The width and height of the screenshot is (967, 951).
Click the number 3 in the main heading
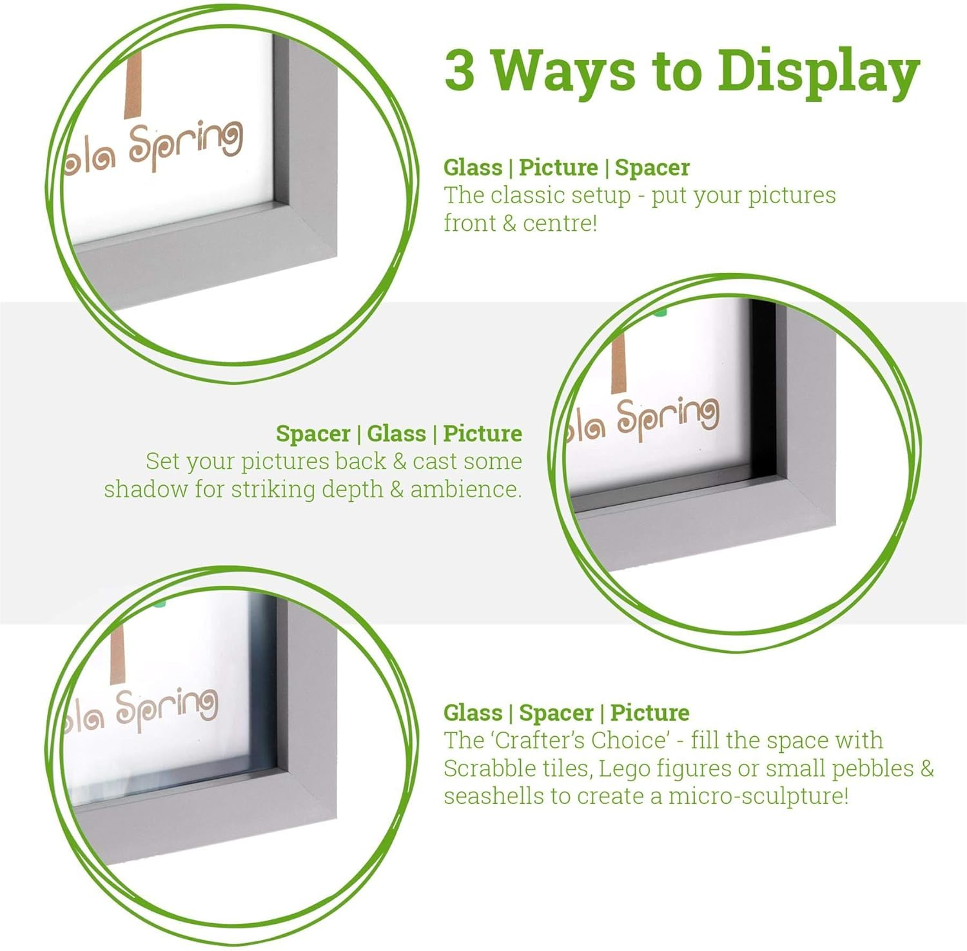460,70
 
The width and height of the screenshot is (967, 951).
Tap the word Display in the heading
819,72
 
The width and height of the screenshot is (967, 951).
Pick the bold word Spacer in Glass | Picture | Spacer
652,168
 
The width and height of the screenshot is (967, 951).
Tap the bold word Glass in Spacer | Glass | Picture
396,434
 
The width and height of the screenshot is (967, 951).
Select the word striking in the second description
273,490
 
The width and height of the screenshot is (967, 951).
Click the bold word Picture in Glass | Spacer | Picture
649,713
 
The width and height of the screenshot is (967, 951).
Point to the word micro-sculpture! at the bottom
758,797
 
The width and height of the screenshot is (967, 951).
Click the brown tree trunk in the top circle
133,87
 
